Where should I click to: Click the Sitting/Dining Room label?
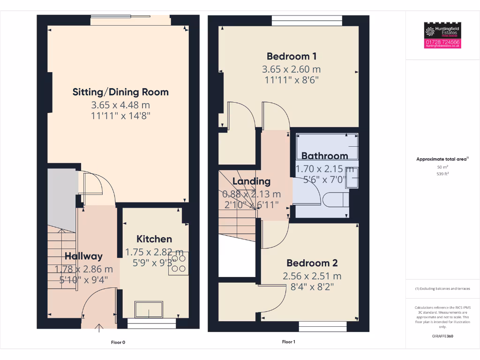point(120,92)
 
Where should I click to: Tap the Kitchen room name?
point(154,239)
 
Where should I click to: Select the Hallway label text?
point(83,256)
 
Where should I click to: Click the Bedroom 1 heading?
point(292,56)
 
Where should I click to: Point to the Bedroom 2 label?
point(312,263)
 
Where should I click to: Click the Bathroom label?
point(324,156)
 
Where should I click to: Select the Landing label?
point(251,181)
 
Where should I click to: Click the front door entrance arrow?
point(99,327)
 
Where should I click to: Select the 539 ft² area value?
point(442,173)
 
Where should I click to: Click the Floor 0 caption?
point(118,342)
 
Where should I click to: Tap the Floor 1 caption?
point(288,342)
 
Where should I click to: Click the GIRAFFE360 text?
point(442,336)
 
